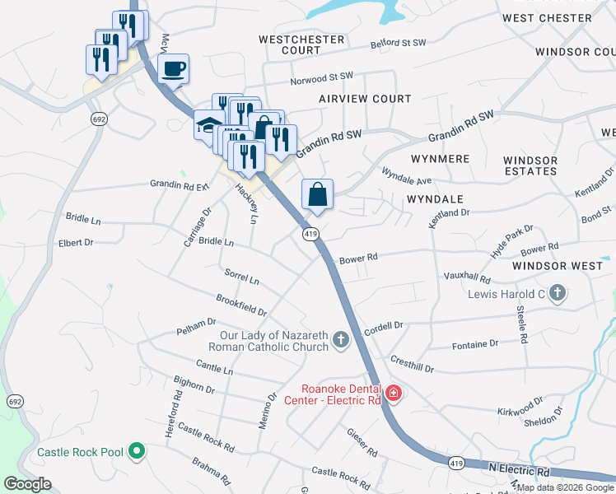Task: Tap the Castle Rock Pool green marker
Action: pos(138,452)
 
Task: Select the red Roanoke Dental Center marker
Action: pos(393,394)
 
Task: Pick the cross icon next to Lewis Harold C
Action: pos(558,292)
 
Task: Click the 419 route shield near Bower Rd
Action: pos(310,235)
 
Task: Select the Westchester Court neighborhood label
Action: pos(289,44)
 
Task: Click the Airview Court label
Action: pos(365,99)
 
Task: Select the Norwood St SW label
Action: pos(321,81)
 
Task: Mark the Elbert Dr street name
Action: pos(76,243)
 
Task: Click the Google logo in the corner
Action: pos(27,484)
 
